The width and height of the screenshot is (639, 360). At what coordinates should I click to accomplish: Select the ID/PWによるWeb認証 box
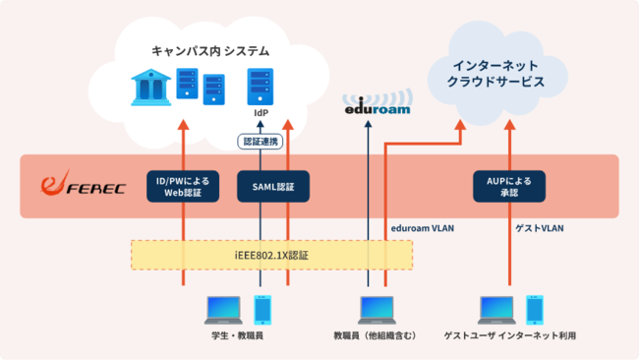coord(182,186)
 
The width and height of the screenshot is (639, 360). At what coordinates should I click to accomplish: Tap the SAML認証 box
coord(273,186)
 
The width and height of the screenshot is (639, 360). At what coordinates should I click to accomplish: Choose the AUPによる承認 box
coord(509,186)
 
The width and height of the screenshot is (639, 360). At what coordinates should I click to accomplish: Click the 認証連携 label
coord(261,141)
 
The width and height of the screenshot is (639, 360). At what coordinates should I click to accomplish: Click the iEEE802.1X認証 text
coord(271,255)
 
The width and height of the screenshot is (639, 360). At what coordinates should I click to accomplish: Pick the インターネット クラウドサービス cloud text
coord(496,74)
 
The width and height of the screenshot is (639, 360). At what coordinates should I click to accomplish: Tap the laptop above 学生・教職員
coord(224,309)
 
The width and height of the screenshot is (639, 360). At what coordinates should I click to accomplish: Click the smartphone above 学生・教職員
coord(261,308)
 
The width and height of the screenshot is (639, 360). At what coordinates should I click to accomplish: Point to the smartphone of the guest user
coord(534,308)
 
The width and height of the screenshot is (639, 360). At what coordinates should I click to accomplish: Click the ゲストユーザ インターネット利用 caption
coord(509,336)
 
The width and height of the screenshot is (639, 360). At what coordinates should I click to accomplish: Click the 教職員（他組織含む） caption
coord(376,336)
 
